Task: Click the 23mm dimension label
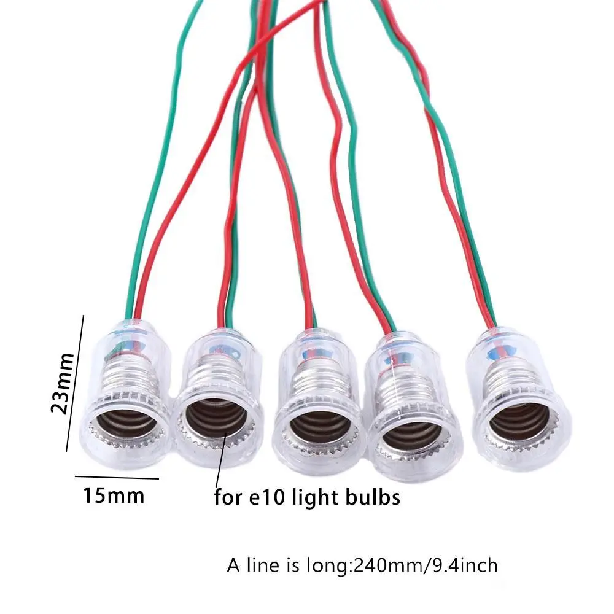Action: click(x=63, y=383)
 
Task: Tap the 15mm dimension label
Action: click(x=114, y=495)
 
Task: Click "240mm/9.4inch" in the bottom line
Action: click(x=426, y=565)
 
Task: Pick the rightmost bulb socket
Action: click(x=516, y=400)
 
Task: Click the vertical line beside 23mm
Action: click(x=75, y=383)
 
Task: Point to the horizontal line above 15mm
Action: click(x=117, y=477)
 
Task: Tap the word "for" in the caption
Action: click(x=228, y=497)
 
